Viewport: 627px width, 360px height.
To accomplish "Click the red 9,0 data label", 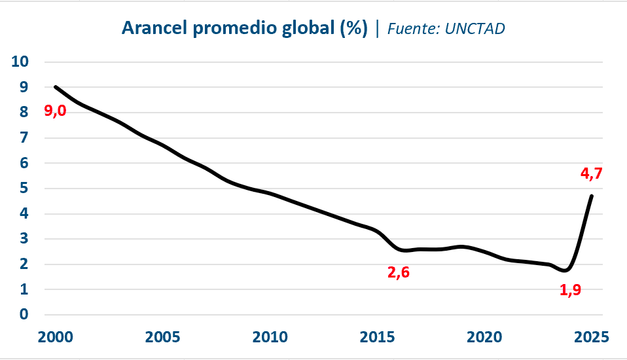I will [x=55, y=111].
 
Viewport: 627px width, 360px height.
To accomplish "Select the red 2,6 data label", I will [x=399, y=272].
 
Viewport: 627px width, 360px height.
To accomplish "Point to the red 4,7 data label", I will [x=591, y=174].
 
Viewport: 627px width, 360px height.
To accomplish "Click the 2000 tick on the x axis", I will [x=54, y=337].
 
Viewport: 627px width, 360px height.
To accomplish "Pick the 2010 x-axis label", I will [x=270, y=337].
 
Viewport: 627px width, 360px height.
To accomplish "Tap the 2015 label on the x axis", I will [x=377, y=337].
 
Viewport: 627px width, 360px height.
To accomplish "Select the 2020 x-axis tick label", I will [x=484, y=337].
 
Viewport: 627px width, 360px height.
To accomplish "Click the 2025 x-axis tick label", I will [x=592, y=337].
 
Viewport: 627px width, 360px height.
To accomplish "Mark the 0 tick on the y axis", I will [x=25, y=315].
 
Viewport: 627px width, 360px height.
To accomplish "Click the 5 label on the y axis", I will [x=25, y=189].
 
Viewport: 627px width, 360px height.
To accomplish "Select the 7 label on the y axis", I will [x=25, y=138].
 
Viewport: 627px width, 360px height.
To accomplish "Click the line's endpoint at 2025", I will [x=592, y=196].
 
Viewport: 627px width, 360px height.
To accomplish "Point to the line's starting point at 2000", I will [x=55, y=87].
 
